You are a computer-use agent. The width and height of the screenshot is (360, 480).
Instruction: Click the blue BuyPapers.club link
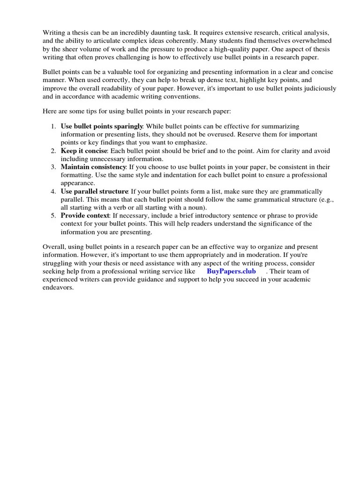pos(231,271)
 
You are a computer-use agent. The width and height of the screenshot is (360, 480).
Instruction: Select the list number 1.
pos(52,127)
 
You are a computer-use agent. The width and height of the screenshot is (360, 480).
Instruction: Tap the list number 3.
pos(52,167)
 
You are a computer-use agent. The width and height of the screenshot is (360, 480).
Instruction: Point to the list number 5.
pos(52,216)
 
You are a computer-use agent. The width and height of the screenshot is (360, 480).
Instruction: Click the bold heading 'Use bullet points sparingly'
pos(102,127)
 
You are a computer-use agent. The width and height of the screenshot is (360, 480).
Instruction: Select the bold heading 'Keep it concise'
pos(84,151)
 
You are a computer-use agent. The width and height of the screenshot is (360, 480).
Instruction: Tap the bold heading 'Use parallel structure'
pos(95,191)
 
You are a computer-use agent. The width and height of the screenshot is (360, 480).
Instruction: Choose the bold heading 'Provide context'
pos(84,216)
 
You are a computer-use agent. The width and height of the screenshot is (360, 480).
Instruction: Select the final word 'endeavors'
pos(58,288)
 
